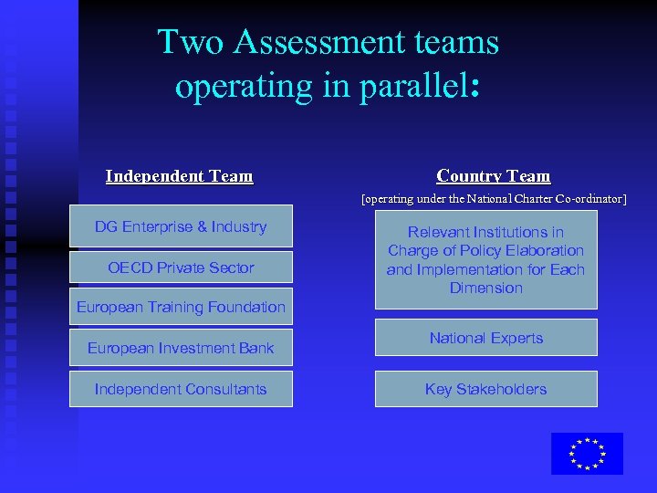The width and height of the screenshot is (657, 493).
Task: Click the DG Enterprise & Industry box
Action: [x=181, y=226]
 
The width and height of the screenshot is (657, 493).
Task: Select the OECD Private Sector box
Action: [x=181, y=267]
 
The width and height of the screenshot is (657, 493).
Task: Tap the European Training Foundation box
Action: [x=181, y=308]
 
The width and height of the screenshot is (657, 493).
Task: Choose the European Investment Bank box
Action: [x=181, y=348]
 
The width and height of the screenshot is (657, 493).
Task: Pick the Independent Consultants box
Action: [x=181, y=389]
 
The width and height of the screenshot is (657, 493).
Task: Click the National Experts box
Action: [x=486, y=338]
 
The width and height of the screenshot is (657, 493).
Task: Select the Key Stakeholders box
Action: [x=486, y=389]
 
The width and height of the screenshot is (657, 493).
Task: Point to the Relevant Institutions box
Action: [x=486, y=259]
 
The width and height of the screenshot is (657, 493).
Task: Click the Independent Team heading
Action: [x=179, y=176]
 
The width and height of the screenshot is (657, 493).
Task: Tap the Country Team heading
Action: [x=494, y=176]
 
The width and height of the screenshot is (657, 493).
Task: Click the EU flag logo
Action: [x=587, y=454]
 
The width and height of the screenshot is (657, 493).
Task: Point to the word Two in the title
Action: [x=186, y=42]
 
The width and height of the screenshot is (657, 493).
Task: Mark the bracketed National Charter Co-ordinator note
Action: [x=494, y=198]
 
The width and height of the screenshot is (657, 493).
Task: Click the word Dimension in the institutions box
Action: [x=486, y=288]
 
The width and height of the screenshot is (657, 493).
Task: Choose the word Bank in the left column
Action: [x=255, y=348]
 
